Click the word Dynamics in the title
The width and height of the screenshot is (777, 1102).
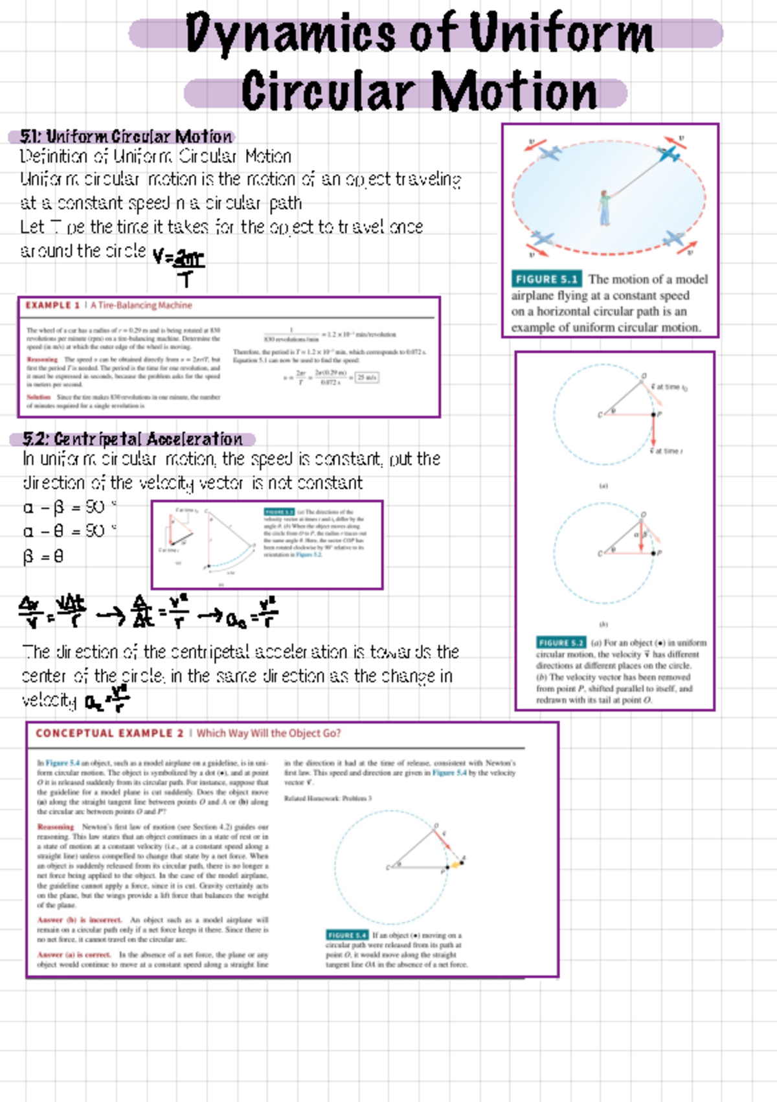coord(289,34)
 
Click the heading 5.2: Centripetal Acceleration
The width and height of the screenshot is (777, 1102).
coord(132,440)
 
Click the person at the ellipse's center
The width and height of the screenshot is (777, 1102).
coord(604,208)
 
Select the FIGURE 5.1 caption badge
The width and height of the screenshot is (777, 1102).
coord(546,279)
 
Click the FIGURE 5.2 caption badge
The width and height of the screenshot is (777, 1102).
coord(561,643)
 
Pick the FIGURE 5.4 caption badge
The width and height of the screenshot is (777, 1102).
coord(347,935)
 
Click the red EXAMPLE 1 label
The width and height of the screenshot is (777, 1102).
coord(52,305)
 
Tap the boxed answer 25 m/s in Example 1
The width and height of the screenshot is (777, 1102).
coord(367,377)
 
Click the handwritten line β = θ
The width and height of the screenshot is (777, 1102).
coord(43,556)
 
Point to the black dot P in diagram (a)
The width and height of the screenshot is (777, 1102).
coord(653,414)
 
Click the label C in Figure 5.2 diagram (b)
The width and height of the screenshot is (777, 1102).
coord(600,554)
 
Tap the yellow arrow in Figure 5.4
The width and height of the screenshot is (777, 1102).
coord(456,864)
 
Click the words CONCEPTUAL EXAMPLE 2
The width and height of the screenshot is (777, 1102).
coord(109,733)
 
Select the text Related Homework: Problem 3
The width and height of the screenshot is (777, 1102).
coord(328,798)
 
